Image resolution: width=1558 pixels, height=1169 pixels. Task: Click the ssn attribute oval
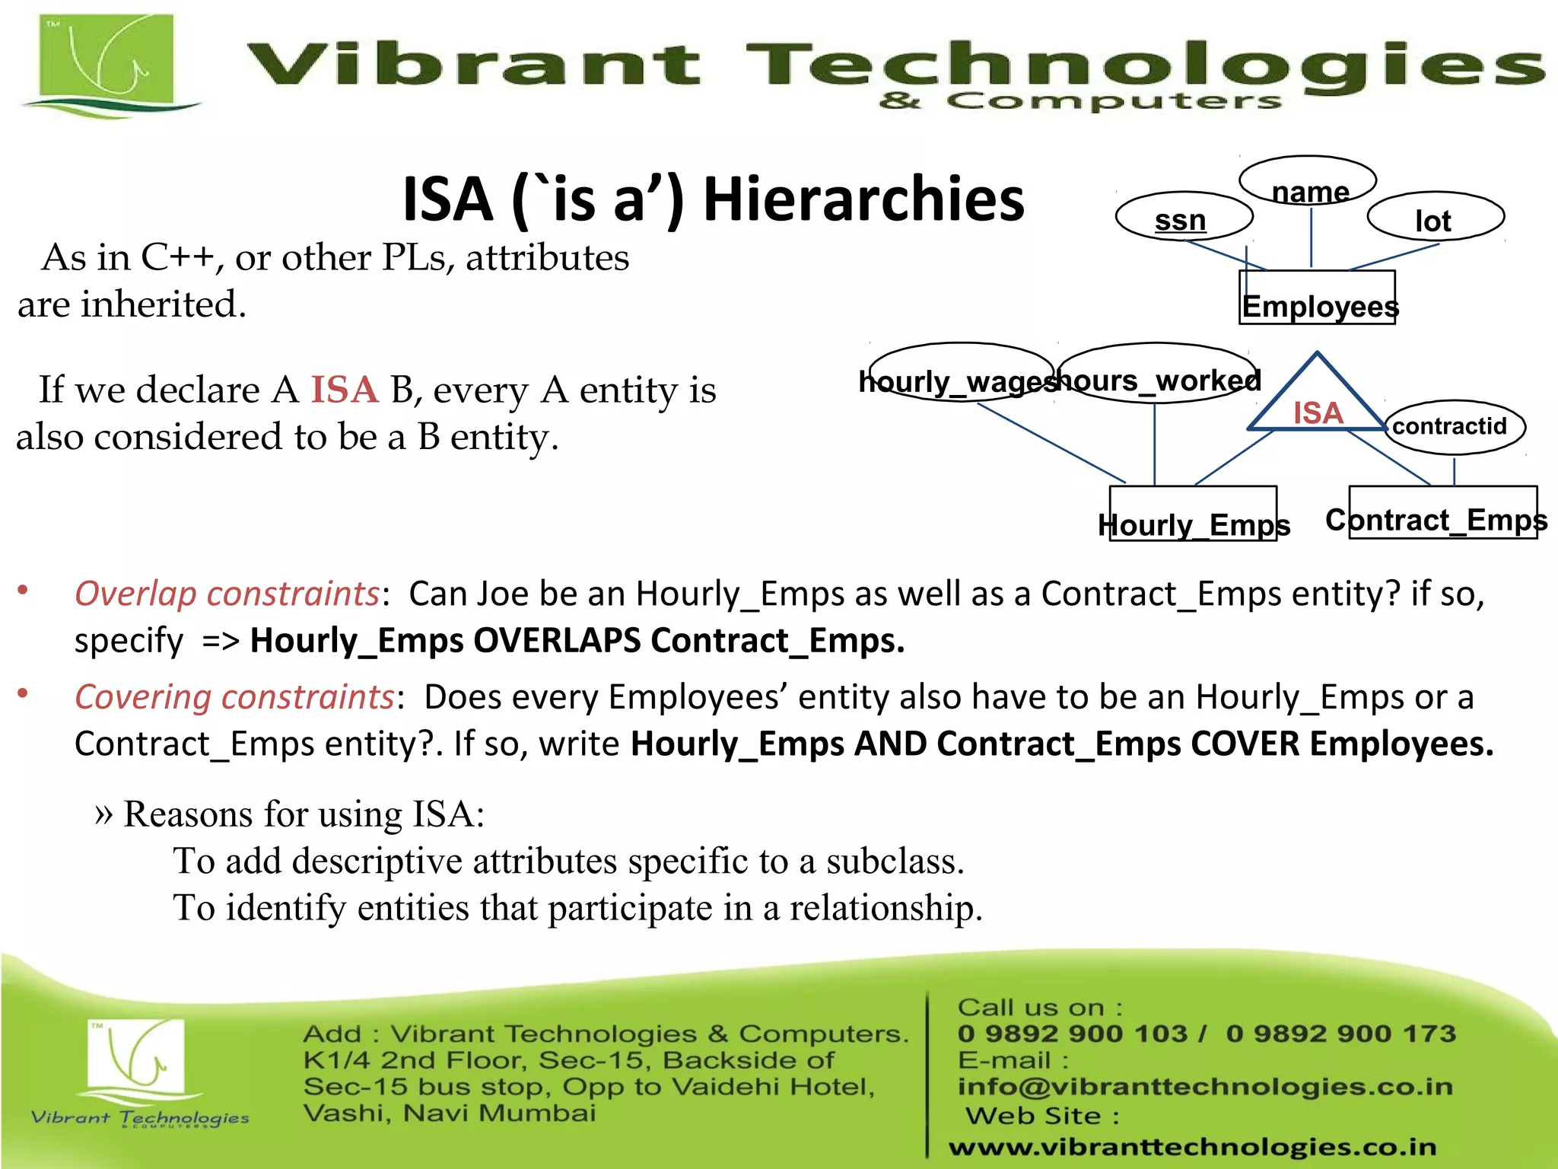[x=1183, y=217]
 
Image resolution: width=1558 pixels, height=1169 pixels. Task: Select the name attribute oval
[x=1308, y=182]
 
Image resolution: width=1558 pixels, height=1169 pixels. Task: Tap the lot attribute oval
[x=1435, y=217]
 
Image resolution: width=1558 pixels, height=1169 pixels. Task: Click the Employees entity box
[x=1317, y=298]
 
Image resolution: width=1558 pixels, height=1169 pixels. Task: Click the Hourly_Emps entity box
[x=1193, y=514]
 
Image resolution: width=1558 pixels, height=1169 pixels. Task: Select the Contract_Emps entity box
[x=1442, y=513]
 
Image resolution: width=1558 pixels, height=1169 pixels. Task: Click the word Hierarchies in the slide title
[x=863, y=199]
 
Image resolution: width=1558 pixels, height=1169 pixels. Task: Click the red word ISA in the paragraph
[x=344, y=390]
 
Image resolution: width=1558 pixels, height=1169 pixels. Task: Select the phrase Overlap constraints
[x=226, y=594]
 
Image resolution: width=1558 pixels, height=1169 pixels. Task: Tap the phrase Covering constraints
[x=234, y=697]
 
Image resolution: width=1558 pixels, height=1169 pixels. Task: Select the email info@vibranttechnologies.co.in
[x=1205, y=1087]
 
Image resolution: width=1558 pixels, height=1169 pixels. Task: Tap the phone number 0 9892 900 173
[x=1340, y=1034]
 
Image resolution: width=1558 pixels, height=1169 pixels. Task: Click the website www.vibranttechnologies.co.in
[x=1192, y=1147]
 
